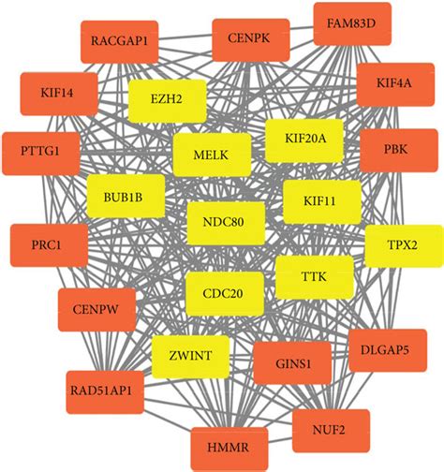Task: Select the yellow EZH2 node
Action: tap(165, 98)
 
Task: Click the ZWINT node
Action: tap(190, 354)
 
